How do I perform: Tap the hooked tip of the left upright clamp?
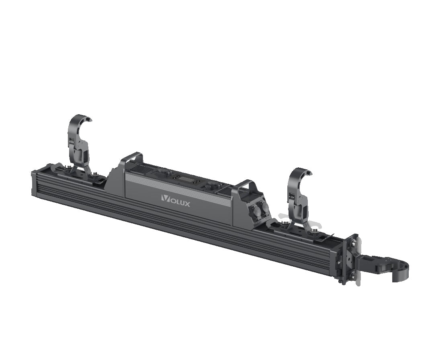(x=88, y=119)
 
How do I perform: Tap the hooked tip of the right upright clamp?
(x=309, y=173)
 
